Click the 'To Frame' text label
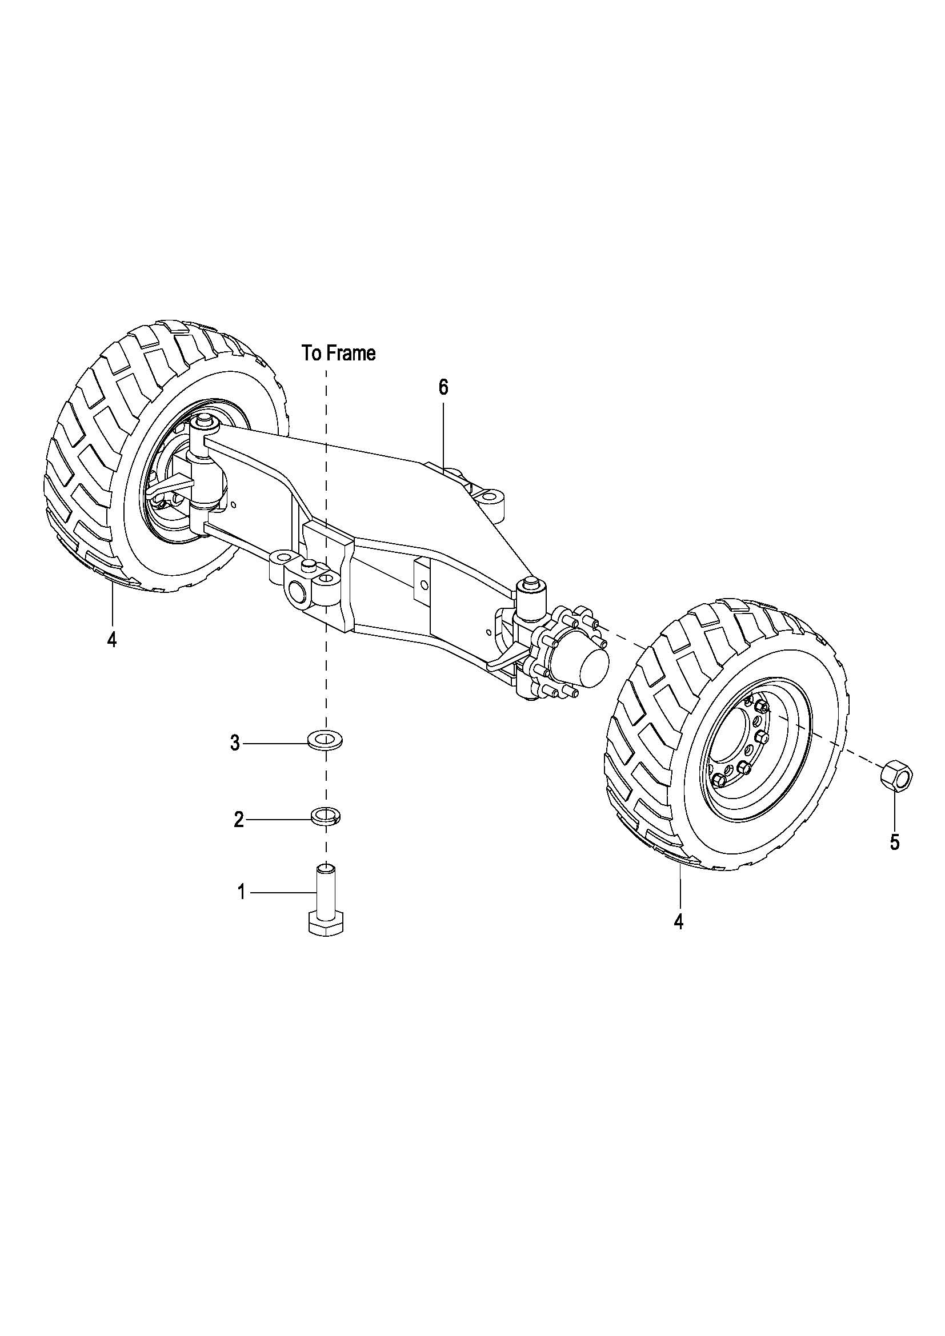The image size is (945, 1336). click(339, 352)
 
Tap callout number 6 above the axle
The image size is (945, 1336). click(443, 387)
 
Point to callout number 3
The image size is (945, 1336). click(235, 743)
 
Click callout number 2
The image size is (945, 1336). click(239, 820)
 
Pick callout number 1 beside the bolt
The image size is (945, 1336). click(242, 892)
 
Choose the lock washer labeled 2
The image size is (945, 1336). click(326, 816)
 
